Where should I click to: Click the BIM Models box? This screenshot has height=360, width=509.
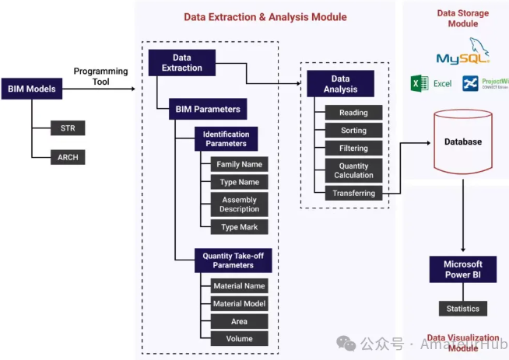click(x=30, y=89)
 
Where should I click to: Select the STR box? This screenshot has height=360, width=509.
click(x=68, y=128)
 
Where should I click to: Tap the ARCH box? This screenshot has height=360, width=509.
click(x=68, y=157)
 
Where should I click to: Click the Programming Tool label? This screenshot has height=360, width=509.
click(x=101, y=76)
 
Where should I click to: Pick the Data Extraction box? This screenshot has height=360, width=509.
click(x=181, y=63)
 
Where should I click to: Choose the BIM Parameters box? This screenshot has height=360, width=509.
click(x=208, y=109)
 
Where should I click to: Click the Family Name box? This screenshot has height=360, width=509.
click(x=239, y=164)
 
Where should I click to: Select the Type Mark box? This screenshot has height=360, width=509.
click(x=239, y=227)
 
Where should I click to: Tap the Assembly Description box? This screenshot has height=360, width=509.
click(x=239, y=204)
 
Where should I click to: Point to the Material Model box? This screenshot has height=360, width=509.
click(x=239, y=303)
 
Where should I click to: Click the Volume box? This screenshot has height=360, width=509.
click(x=239, y=338)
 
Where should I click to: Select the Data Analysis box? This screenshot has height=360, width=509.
click(x=340, y=84)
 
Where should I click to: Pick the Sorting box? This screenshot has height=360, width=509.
click(x=353, y=131)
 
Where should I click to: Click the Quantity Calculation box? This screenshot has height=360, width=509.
click(x=353, y=170)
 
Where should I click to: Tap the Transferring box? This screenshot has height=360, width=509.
click(x=353, y=194)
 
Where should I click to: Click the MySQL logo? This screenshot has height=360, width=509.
click(x=462, y=54)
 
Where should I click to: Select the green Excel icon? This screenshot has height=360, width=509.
click(x=419, y=83)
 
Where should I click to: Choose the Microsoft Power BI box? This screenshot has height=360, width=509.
click(x=462, y=269)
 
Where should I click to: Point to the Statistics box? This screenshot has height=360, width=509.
click(x=462, y=309)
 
